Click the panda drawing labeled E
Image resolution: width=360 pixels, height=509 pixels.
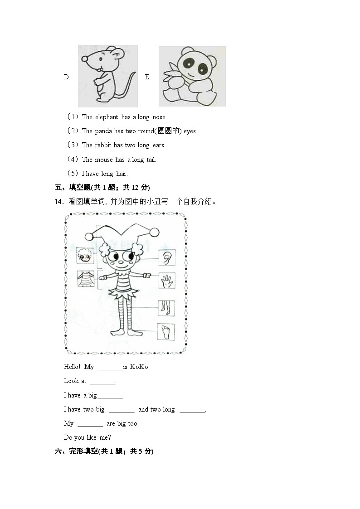192,76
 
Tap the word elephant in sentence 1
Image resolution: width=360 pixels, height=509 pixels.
107,117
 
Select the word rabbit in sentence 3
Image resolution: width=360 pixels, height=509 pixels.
103,145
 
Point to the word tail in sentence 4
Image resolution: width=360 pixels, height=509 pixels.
151,160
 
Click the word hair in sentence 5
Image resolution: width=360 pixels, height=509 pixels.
122,174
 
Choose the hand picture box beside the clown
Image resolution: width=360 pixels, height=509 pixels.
167,281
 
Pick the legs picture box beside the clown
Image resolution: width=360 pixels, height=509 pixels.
166,308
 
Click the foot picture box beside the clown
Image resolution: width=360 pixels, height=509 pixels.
166,332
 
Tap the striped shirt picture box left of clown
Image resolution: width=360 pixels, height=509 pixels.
85,279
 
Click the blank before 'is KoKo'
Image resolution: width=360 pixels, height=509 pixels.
110,367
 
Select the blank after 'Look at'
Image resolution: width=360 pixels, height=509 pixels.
102,381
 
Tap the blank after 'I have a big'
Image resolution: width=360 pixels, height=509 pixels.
110,396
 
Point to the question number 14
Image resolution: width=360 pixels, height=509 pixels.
58,202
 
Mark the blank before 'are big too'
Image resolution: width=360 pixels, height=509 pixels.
90,424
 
